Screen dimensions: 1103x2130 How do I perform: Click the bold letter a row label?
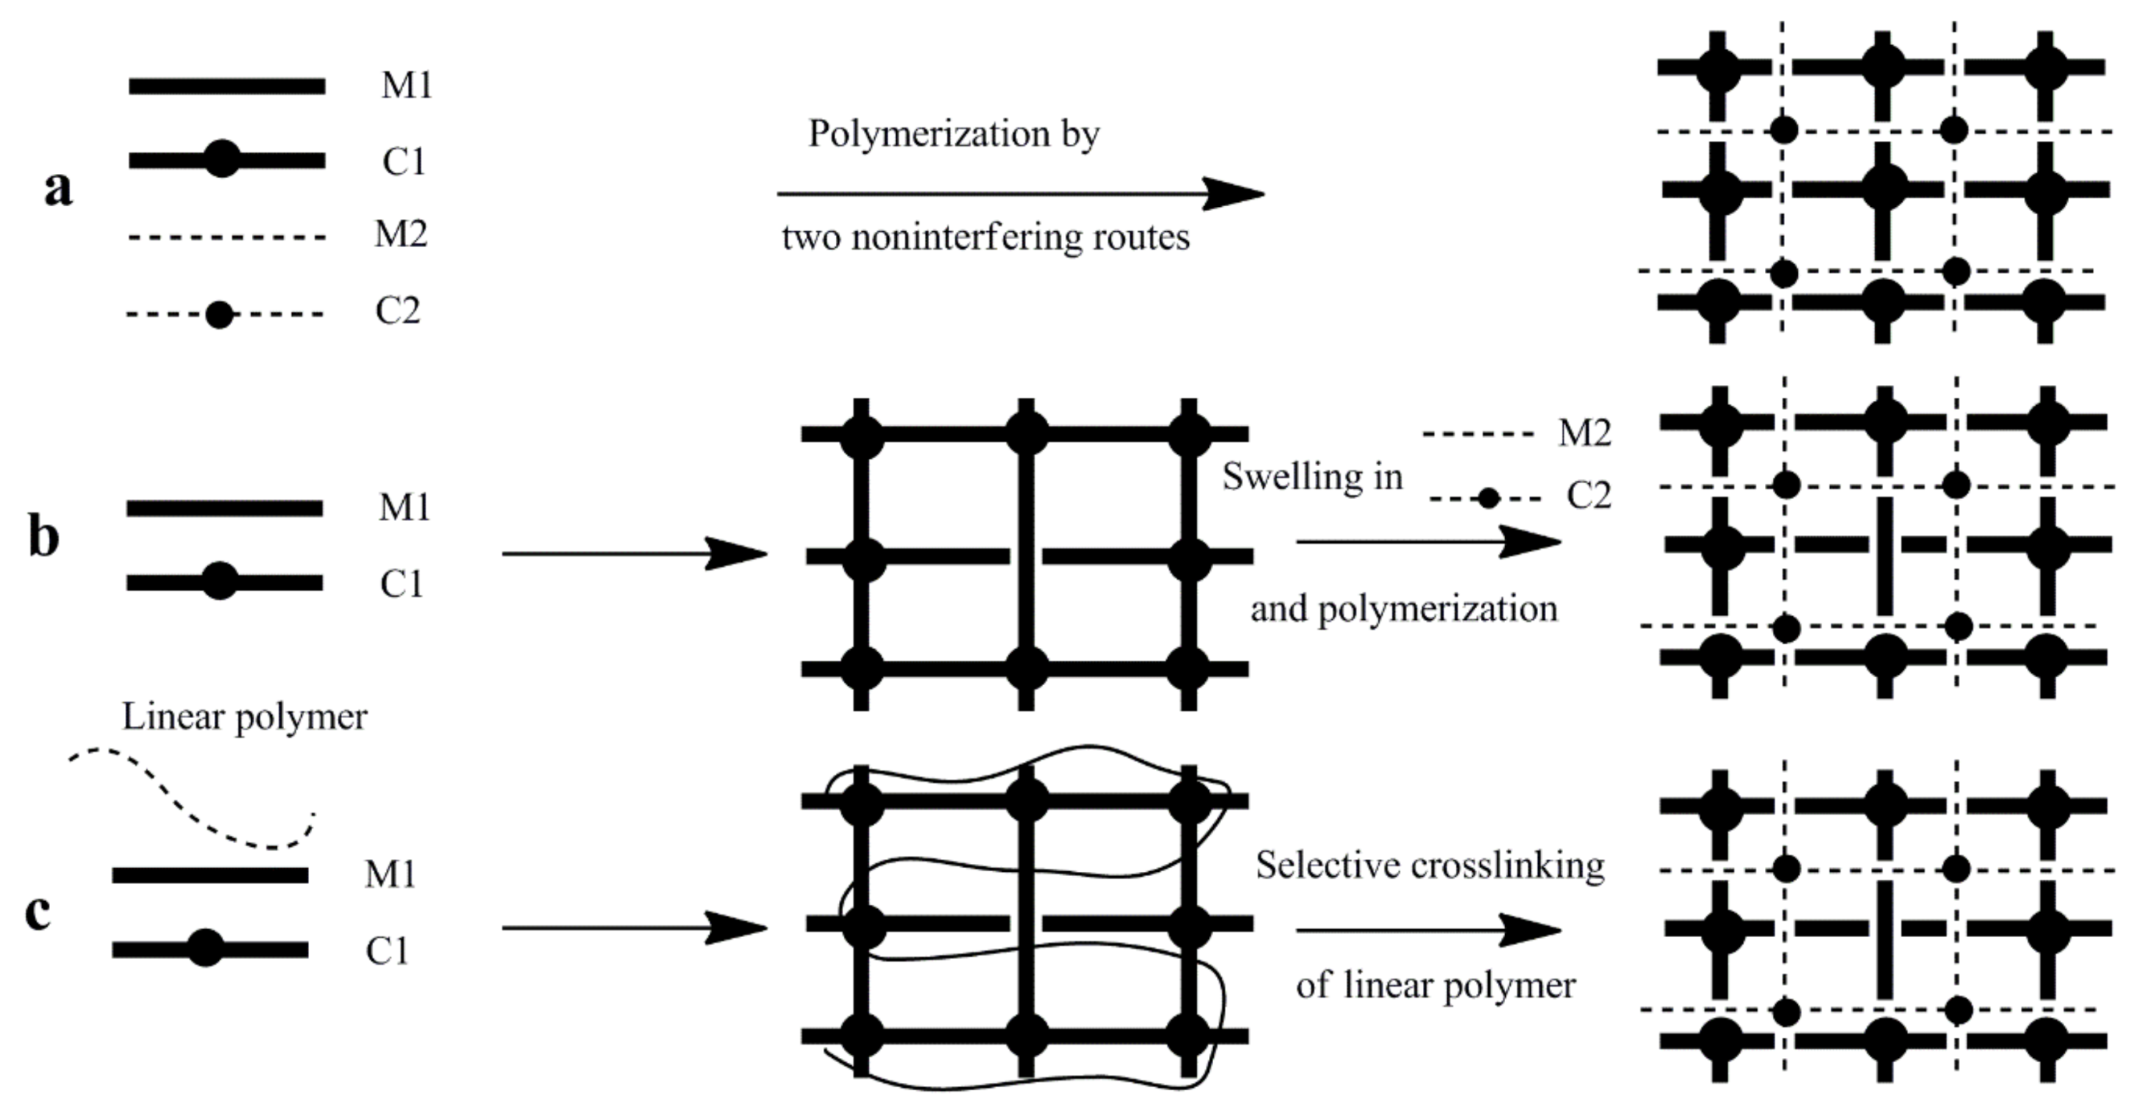(58, 188)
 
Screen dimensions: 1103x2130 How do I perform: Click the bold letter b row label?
(44, 538)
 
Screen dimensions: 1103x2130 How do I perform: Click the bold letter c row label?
(38, 911)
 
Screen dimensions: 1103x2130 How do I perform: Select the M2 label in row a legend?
(401, 235)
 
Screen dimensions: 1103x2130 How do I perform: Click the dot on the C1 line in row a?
(222, 158)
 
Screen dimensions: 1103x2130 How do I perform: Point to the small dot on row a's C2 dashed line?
(219, 315)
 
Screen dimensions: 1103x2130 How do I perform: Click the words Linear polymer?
(245, 717)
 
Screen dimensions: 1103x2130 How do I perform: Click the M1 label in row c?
(390, 875)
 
